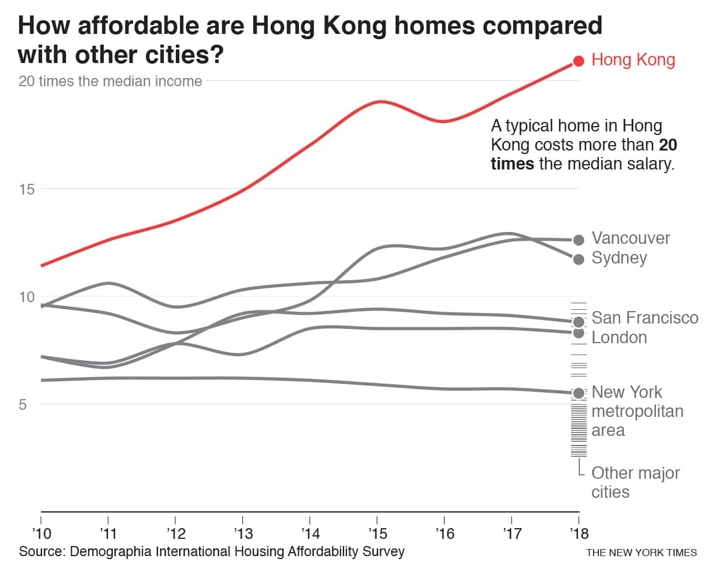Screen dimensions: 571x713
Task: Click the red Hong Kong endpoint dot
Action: pyautogui.click(x=579, y=61)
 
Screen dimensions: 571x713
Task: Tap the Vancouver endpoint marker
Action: pyautogui.click(x=579, y=240)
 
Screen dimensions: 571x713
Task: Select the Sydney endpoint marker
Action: pyautogui.click(x=579, y=259)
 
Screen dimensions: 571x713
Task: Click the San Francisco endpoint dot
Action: pyautogui.click(x=579, y=322)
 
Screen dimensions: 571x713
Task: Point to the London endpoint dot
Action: pyautogui.click(x=579, y=332)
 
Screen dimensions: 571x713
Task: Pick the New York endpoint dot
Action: pyautogui.click(x=579, y=393)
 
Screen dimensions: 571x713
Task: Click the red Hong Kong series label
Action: pyautogui.click(x=633, y=60)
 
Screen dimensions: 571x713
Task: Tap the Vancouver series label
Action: pyautogui.click(x=630, y=239)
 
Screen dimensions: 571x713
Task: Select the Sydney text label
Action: pyautogui.click(x=619, y=258)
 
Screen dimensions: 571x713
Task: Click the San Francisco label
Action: pyautogui.click(x=645, y=318)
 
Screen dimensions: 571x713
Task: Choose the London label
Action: pyautogui.click(x=619, y=337)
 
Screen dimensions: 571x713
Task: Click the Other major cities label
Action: pyautogui.click(x=635, y=482)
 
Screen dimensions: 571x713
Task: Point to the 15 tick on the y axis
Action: pyautogui.click(x=27, y=189)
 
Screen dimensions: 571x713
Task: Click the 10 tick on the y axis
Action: pyautogui.click(x=27, y=297)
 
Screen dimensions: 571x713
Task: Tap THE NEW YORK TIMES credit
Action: pyautogui.click(x=641, y=553)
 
